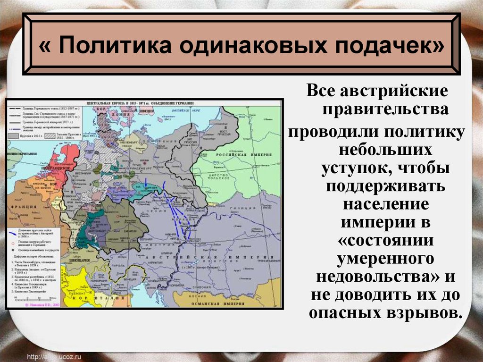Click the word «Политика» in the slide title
point(110,47)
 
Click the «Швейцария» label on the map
point(78,260)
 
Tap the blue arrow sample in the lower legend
point(14,230)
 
